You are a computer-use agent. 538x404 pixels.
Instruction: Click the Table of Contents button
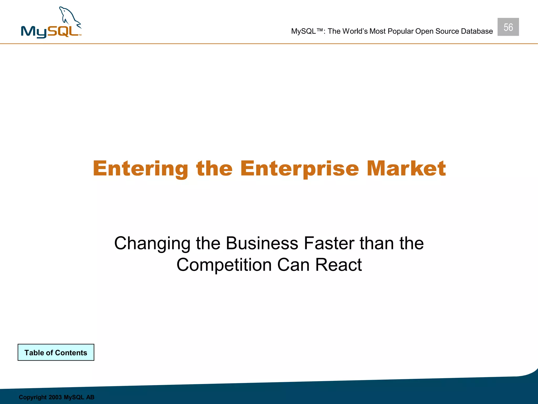pyautogui.click(x=56, y=352)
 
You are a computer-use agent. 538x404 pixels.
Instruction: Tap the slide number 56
pyautogui.click(x=508, y=27)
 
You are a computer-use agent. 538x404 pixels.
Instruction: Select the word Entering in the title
pyautogui.click(x=141, y=169)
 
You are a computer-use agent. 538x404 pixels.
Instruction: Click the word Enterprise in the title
pyautogui.click(x=299, y=169)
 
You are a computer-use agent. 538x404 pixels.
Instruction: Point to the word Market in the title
pyautogui.click(x=406, y=169)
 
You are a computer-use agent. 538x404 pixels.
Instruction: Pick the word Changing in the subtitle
pyautogui.click(x=152, y=244)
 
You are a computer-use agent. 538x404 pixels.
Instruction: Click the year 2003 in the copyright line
pyautogui.click(x=55, y=397)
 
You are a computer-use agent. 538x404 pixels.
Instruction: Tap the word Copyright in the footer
pyautogui.click(x=32, y=397)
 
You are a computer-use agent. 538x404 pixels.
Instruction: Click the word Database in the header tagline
pyautogui.click(x=477, y=31)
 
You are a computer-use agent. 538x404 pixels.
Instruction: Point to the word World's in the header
pyautogui.click(x=355, y=31)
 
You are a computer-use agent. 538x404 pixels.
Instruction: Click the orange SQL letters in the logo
pyautogui.click(x=63, y=31)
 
